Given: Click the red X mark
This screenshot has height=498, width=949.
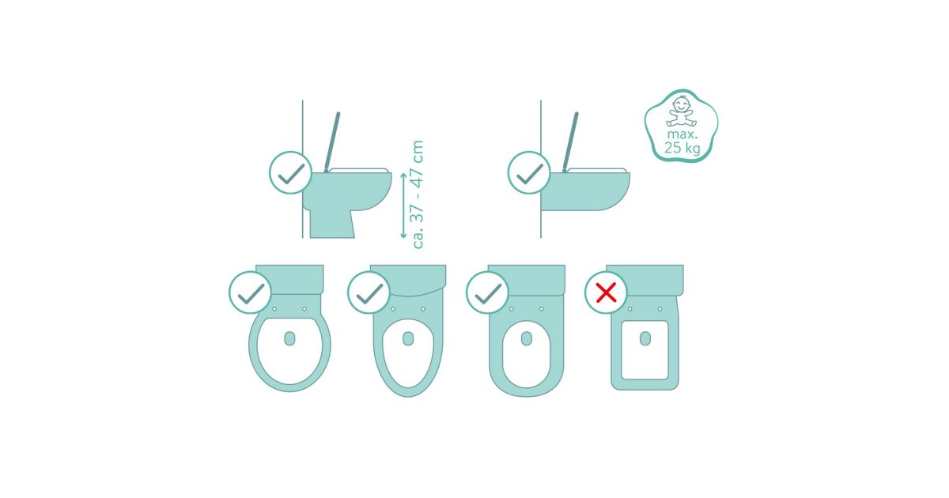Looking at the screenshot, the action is [x=606, y=292].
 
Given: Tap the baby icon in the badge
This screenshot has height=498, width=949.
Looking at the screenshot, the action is [x=681, y=111].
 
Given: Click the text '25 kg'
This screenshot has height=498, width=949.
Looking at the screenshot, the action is [x=682, y=148].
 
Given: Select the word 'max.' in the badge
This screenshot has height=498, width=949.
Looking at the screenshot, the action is [x=682, y=134].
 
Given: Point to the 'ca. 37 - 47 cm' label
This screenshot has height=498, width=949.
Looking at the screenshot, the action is [x=418, y=194].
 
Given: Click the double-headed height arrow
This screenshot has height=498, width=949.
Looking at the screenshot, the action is [x=403, y=206].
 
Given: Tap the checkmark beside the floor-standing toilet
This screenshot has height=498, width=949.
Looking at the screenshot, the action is [x=291, y=173].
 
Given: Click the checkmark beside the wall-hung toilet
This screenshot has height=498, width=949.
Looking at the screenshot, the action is [x=529, y=173].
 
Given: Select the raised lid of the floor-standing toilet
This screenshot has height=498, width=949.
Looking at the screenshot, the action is [x=331, y=141].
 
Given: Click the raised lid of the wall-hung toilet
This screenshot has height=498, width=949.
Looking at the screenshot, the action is [x=570, y=141].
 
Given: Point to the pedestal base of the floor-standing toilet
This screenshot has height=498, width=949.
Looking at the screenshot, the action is [x=332, y=224].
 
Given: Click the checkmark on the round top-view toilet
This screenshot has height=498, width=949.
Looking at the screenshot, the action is [x=251, y=292].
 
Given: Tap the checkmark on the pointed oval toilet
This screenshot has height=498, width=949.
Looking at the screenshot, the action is [x=369, y=292].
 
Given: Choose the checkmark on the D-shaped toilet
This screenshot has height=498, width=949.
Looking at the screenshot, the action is [x=488, y=292].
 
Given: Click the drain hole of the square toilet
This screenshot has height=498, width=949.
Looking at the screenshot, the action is [x=645, y=339].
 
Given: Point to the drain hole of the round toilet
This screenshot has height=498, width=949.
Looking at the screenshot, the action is [x=289, y=339].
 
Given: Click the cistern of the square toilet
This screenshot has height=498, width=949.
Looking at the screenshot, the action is [x=645, y=280].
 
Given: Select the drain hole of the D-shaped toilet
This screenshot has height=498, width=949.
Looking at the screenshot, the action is [x=527, y=339].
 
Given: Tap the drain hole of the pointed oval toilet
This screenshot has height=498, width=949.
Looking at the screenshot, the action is [x=408, y=339].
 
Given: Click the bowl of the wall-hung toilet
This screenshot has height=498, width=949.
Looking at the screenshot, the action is [x=584, y=191].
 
